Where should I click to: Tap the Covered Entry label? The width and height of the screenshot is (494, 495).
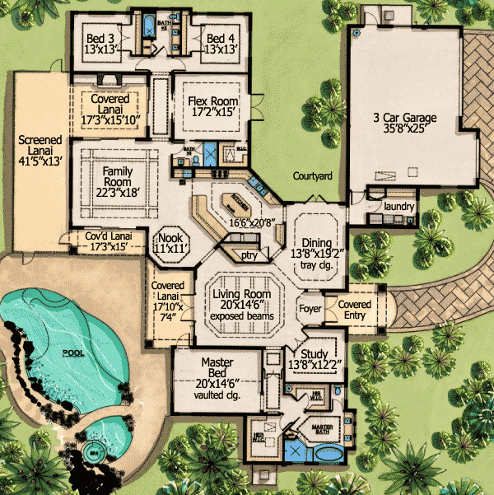355,310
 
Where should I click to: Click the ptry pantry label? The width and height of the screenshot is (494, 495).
249,256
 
